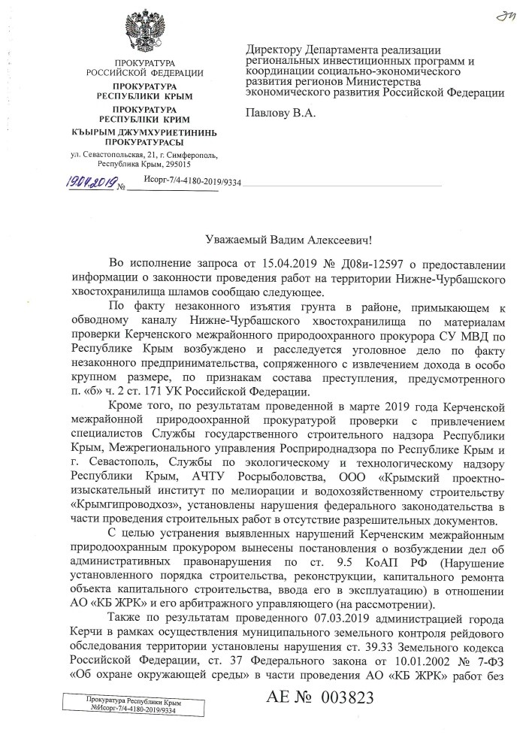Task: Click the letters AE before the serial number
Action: [x=281, y=717]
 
